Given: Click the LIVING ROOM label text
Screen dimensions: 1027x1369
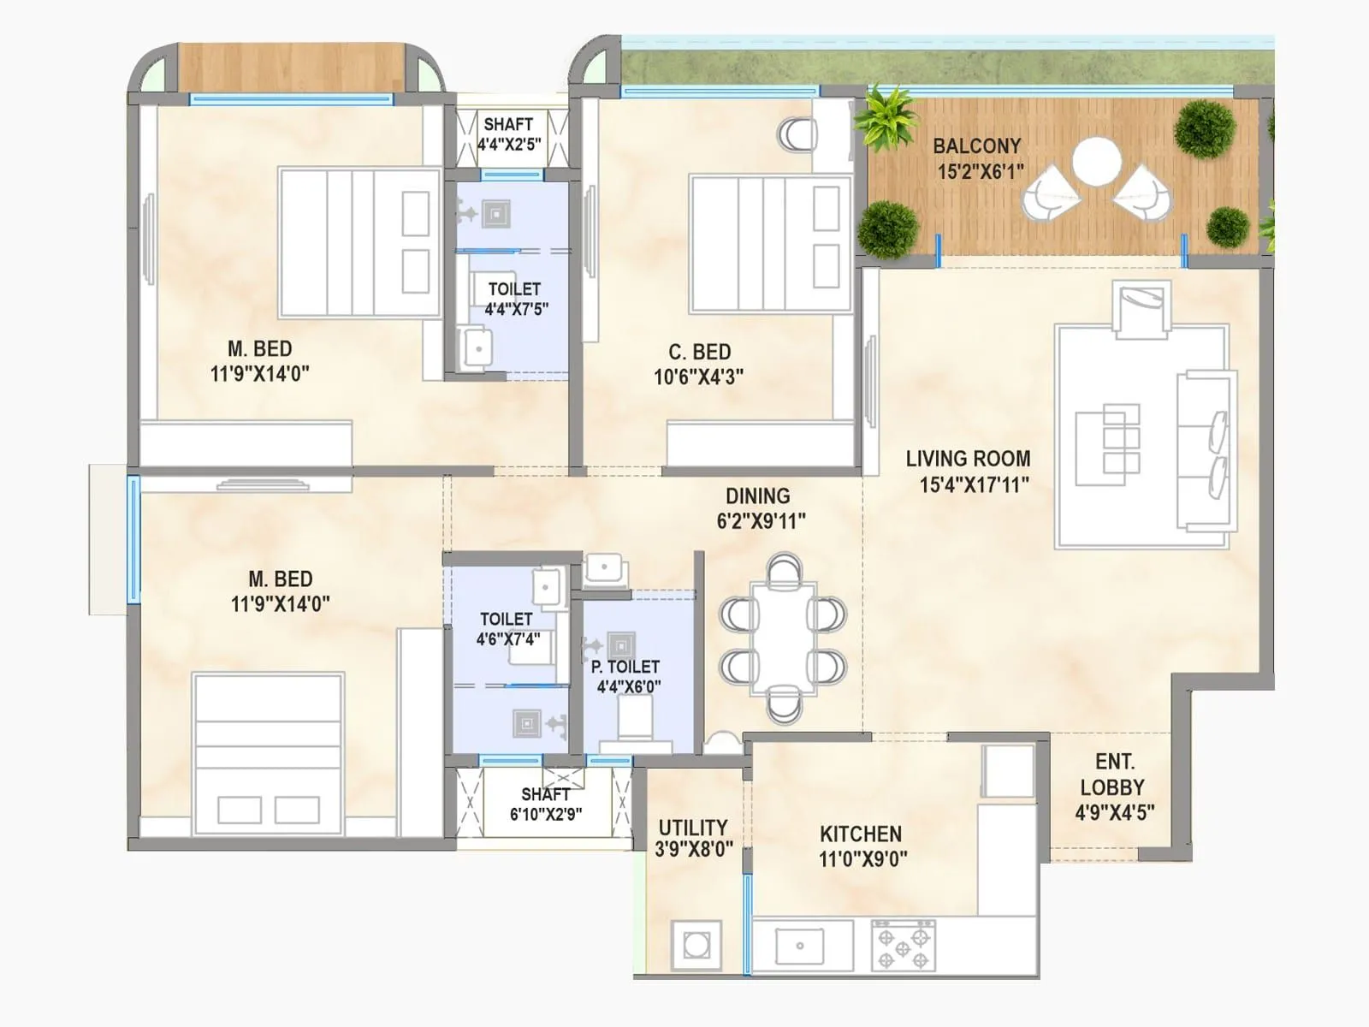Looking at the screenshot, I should point(968,459).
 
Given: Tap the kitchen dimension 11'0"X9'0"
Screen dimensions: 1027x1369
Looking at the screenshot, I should point(862,858).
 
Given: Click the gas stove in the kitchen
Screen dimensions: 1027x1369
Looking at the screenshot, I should point(903,945).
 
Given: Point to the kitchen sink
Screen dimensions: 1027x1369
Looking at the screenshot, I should point(800,946).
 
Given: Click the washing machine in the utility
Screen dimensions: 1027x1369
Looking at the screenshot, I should point(696,946).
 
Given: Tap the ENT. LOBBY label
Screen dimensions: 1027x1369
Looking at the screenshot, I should point(1114,775).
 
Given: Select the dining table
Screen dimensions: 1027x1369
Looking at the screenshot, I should point(784,638).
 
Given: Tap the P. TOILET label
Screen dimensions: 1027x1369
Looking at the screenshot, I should point(625,667).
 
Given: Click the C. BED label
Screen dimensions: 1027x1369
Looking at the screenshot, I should point(699,352).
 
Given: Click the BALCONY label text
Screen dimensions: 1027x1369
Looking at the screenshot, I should point(976,146).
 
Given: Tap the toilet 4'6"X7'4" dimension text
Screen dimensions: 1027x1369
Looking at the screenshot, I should point(507,638).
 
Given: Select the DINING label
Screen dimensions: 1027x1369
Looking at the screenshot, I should point(757,496).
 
